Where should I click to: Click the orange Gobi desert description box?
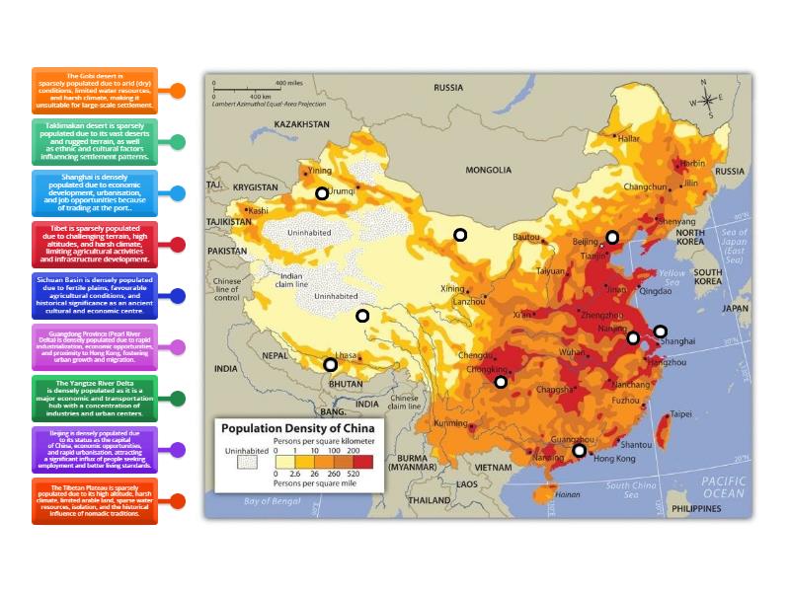click(95, 90)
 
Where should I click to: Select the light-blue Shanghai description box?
click(95, 192)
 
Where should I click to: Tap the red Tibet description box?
click(95, 244)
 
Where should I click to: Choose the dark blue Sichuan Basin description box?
click(95, 296)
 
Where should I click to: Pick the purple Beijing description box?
click(95, 450)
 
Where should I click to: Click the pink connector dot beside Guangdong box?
click(178, 347)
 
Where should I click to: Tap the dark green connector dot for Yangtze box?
click(178, 399)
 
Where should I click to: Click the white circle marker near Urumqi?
click(322, 194)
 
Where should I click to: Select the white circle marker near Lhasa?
click(331, 365)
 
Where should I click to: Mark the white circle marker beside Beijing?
click(612, 237)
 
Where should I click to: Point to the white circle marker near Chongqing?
click(501, 382)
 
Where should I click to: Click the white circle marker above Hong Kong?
click(580, 451)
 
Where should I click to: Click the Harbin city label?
click(693, 163)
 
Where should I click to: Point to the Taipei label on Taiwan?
click(681, 414)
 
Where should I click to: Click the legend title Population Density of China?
click(296, 429)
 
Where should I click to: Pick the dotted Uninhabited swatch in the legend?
click(241, 469)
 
